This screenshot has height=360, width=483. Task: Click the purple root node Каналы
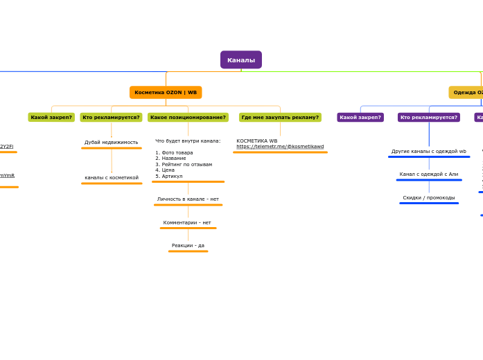coord(241,60)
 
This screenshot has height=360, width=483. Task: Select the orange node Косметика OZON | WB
coord(166,92)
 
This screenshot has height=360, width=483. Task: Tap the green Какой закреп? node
coord(51,118)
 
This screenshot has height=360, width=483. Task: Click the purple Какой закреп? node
coord(360,118)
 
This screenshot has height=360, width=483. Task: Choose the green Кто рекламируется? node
coord(111,118)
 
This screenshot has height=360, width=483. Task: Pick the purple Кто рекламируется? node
coord(429,118)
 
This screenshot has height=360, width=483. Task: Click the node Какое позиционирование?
coord(188,118)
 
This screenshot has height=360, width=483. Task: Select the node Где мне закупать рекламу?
coord(280,118)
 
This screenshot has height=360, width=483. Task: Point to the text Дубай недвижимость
coord(112,143)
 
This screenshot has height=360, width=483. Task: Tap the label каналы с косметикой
coord(112,178)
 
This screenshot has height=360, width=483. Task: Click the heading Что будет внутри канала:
coord(188,141)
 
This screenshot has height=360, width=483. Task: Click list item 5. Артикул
coord(169,176)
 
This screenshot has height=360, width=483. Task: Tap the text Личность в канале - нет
coord(188,199)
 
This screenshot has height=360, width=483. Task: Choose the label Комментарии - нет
coord(187,223)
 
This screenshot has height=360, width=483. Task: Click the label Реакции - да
coord(188,246)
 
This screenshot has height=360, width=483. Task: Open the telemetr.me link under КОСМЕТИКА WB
coord(280,147)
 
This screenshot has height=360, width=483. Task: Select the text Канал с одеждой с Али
coord(429,174)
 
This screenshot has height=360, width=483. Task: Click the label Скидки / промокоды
coord(429,198)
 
